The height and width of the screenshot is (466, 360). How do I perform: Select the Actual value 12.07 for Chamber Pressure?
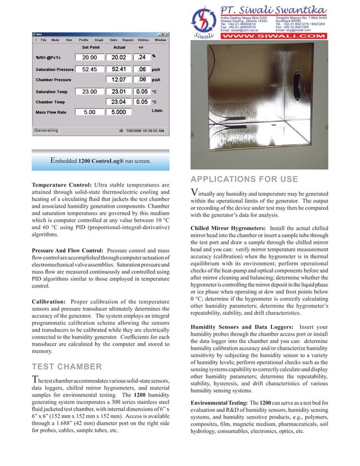click(118, 80)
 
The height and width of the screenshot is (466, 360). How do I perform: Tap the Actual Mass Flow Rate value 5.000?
click(118, 112)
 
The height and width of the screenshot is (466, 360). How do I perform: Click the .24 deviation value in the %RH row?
click(142, 58)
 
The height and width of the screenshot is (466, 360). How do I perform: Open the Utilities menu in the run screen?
click(143, 40)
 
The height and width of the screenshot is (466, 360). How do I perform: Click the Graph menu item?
click(99, 40)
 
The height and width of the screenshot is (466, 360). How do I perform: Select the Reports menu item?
click(128, 40)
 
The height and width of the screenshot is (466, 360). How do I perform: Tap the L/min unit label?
click(158, 111)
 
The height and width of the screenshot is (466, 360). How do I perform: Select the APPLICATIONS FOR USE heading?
click(244, 180)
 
